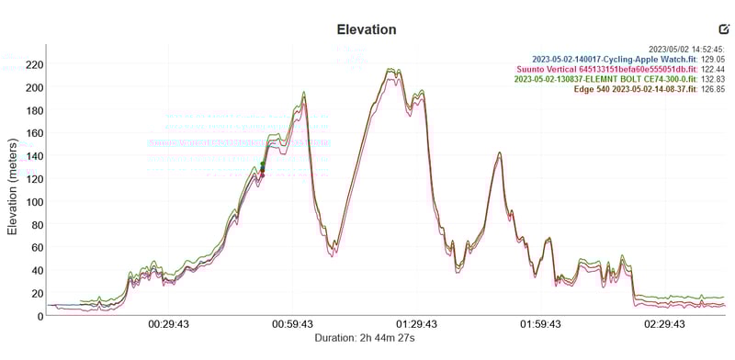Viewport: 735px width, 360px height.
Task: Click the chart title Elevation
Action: coord(367,29)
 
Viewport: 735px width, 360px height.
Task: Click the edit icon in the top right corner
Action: coord(724,29)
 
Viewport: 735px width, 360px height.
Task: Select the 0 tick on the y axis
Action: coord(40,316)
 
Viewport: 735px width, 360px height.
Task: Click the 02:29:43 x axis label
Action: coord(664,324)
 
